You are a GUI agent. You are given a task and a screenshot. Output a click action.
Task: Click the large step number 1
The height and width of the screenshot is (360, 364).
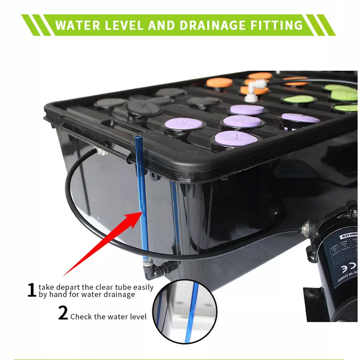pos(32,290)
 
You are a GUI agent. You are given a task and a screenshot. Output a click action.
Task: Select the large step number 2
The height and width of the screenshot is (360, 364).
pos(63,314)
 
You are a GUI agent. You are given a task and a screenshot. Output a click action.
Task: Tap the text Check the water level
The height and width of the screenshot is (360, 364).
pos(108,316)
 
